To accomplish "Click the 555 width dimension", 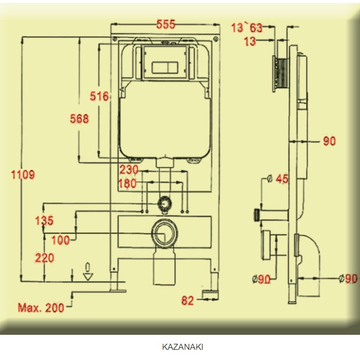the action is coord(166,24).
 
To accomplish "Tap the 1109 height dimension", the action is coord(23,175).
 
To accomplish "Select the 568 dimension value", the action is coord(79,119).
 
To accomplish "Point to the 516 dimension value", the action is coord(99,96).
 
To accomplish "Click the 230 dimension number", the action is coord(129,170).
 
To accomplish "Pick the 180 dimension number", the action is coord(127,184).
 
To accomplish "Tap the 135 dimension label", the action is coord(44,221).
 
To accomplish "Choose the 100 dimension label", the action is coord(61,241).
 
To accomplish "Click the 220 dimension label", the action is coord(44,258).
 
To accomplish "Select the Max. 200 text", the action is coord(41,308).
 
